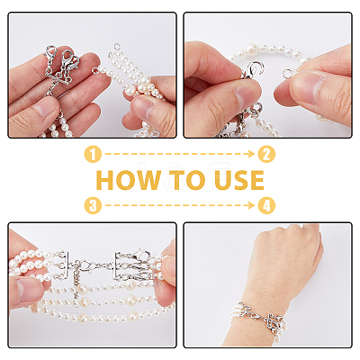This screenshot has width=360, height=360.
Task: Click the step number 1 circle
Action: (93, 154)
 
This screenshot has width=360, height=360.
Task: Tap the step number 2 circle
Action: (266, 154)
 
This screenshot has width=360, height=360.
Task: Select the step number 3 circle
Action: (93, 205)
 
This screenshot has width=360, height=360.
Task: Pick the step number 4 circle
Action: (266, 205)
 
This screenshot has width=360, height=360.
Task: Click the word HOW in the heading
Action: (129, 180)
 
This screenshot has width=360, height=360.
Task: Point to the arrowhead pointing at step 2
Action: (252, 154)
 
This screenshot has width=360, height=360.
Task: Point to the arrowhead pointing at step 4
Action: (252, 205)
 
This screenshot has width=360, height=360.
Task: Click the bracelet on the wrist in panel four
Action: (259, 318)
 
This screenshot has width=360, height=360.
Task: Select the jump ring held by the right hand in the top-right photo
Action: (287, 73)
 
